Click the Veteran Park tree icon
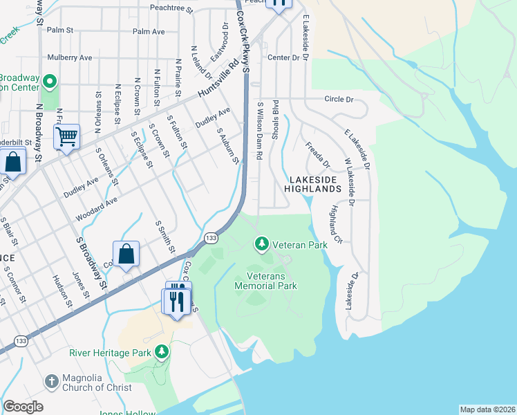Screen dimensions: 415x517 coord(262,243)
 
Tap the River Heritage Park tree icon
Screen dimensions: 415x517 coord(162,352)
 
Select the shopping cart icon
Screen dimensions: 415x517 coord(66,137)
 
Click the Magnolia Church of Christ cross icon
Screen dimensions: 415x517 coord(51,382)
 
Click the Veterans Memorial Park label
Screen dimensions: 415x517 coord(266,280)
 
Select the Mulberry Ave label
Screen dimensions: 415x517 coord(69,57)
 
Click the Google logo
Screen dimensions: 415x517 coord(23,407)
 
